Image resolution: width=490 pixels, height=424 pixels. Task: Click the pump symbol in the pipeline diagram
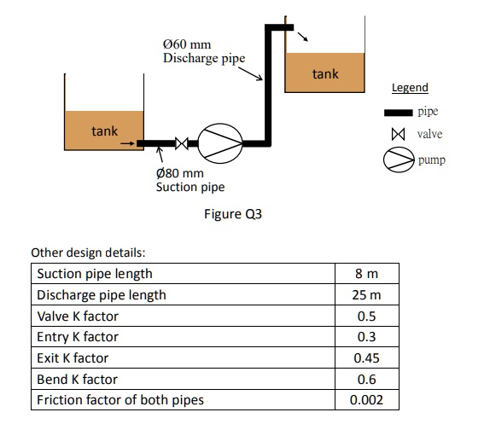[x=222, y=142]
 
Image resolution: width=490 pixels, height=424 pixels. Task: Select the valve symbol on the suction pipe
[x=182, y=142]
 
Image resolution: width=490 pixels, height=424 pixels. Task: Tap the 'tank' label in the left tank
[x=105, y=131]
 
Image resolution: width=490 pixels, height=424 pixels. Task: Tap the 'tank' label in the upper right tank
[x=324, y=74]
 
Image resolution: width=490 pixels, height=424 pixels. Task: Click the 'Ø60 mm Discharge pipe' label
[x=203, y=51]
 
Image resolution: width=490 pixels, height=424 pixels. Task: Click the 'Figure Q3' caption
[x=233, y=214]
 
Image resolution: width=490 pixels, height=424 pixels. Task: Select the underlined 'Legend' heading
[x=410, y=88]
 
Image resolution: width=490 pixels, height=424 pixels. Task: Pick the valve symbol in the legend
[x=396, y=135]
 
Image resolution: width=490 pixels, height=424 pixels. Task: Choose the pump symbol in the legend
[x=397, y=160]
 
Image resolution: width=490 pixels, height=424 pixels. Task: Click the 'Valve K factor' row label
[x=78, y=317]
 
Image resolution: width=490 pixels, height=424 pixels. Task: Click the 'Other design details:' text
[x=88, y=253]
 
